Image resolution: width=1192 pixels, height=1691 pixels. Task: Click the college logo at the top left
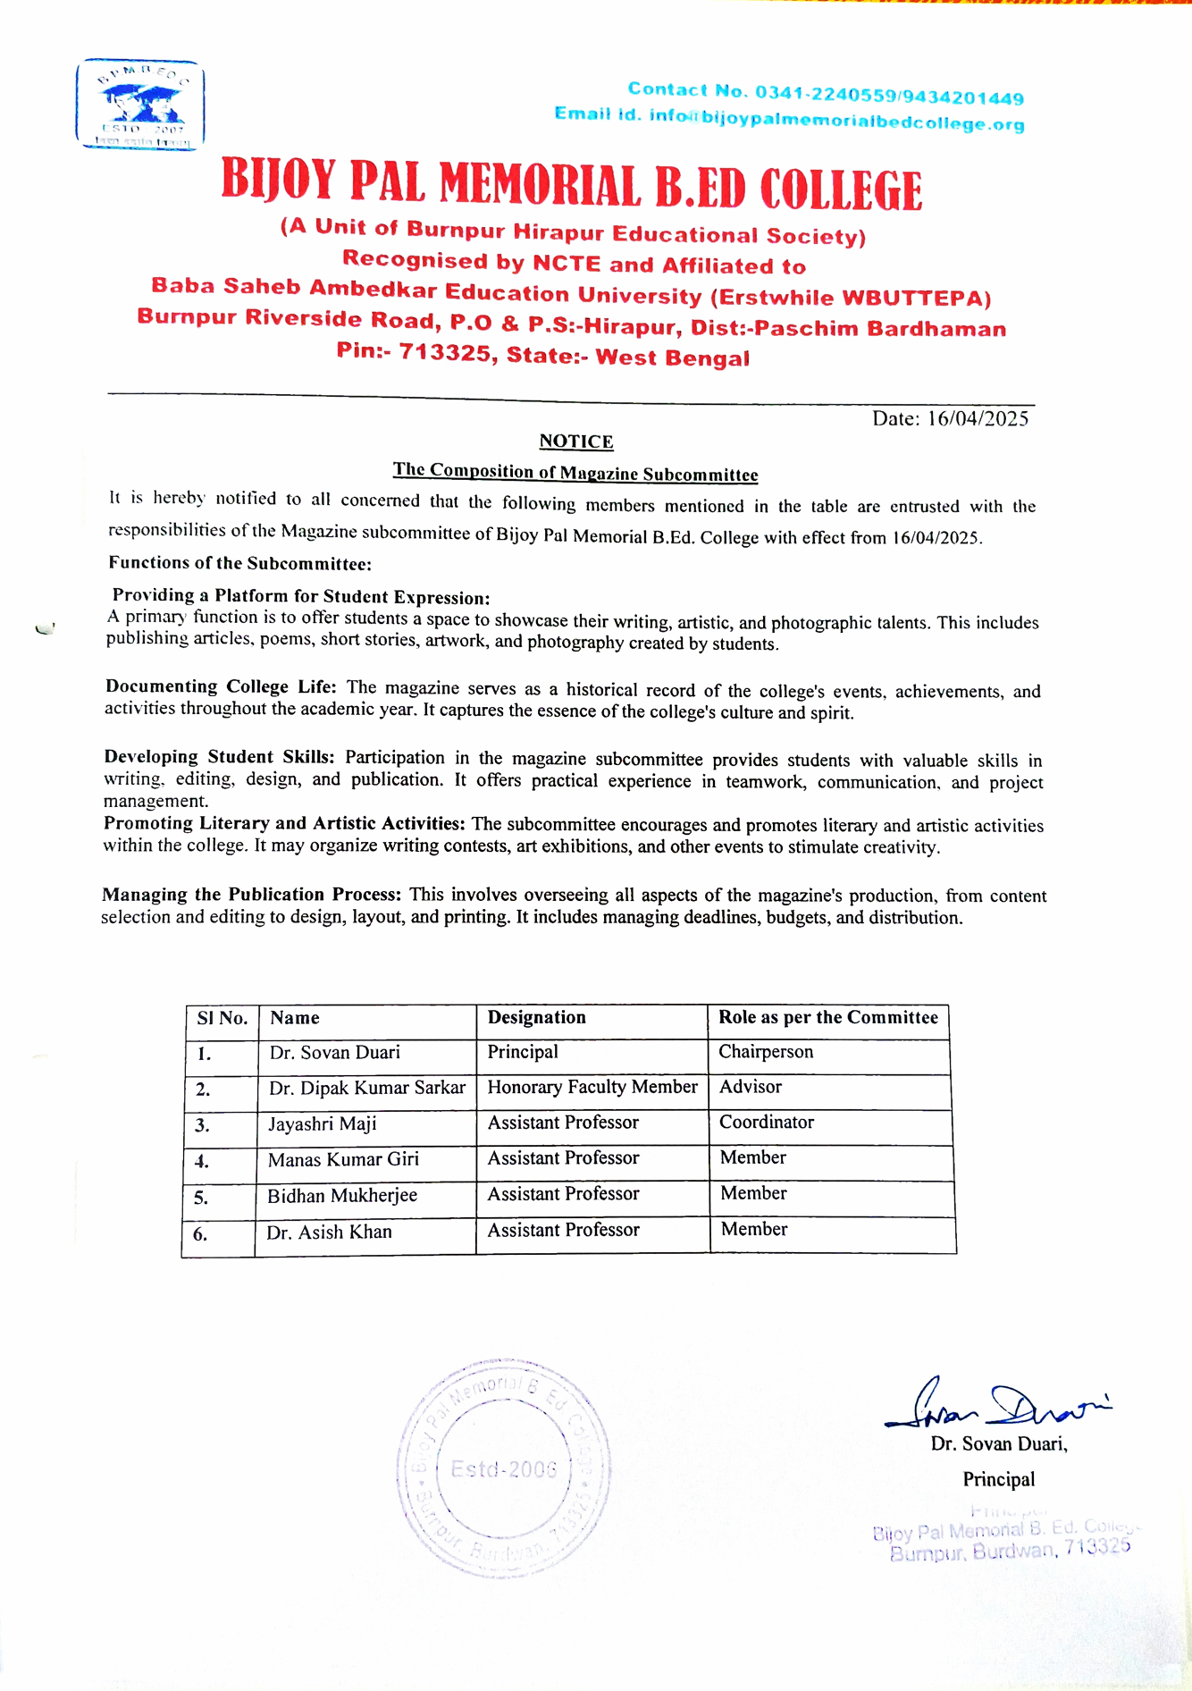click(x=140, y=105)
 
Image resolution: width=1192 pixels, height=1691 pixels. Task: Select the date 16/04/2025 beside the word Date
click(x=978, y=418)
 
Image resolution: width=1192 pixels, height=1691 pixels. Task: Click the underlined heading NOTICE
click(x=576, y=442)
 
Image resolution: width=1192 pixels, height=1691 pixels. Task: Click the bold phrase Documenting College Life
click(x=221, y=686)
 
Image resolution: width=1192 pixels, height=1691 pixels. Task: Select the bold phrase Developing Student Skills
click(x=220, y=757)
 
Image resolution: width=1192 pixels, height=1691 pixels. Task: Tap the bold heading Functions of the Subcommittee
click(x=239, y=563)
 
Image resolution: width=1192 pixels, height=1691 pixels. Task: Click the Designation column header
click(x=536, y=1017)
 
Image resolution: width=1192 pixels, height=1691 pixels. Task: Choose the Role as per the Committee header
click(x=828, y=1017)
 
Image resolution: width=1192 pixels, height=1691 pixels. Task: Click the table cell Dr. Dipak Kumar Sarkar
click(x=367, y=1088)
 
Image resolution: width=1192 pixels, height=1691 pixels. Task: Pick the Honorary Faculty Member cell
click(x=592, y=1087)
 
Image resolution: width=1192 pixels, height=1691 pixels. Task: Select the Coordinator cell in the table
click(x=767, y=1123)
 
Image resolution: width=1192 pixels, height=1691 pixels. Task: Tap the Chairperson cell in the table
click(x=766, y=1052)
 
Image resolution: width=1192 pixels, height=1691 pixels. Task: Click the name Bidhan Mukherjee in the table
click(x=342, y=1196)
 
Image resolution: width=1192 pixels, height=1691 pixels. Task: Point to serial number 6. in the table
click(x=200, y=1234)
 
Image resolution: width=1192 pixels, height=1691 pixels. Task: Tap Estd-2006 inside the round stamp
click(x=504, y=1469)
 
